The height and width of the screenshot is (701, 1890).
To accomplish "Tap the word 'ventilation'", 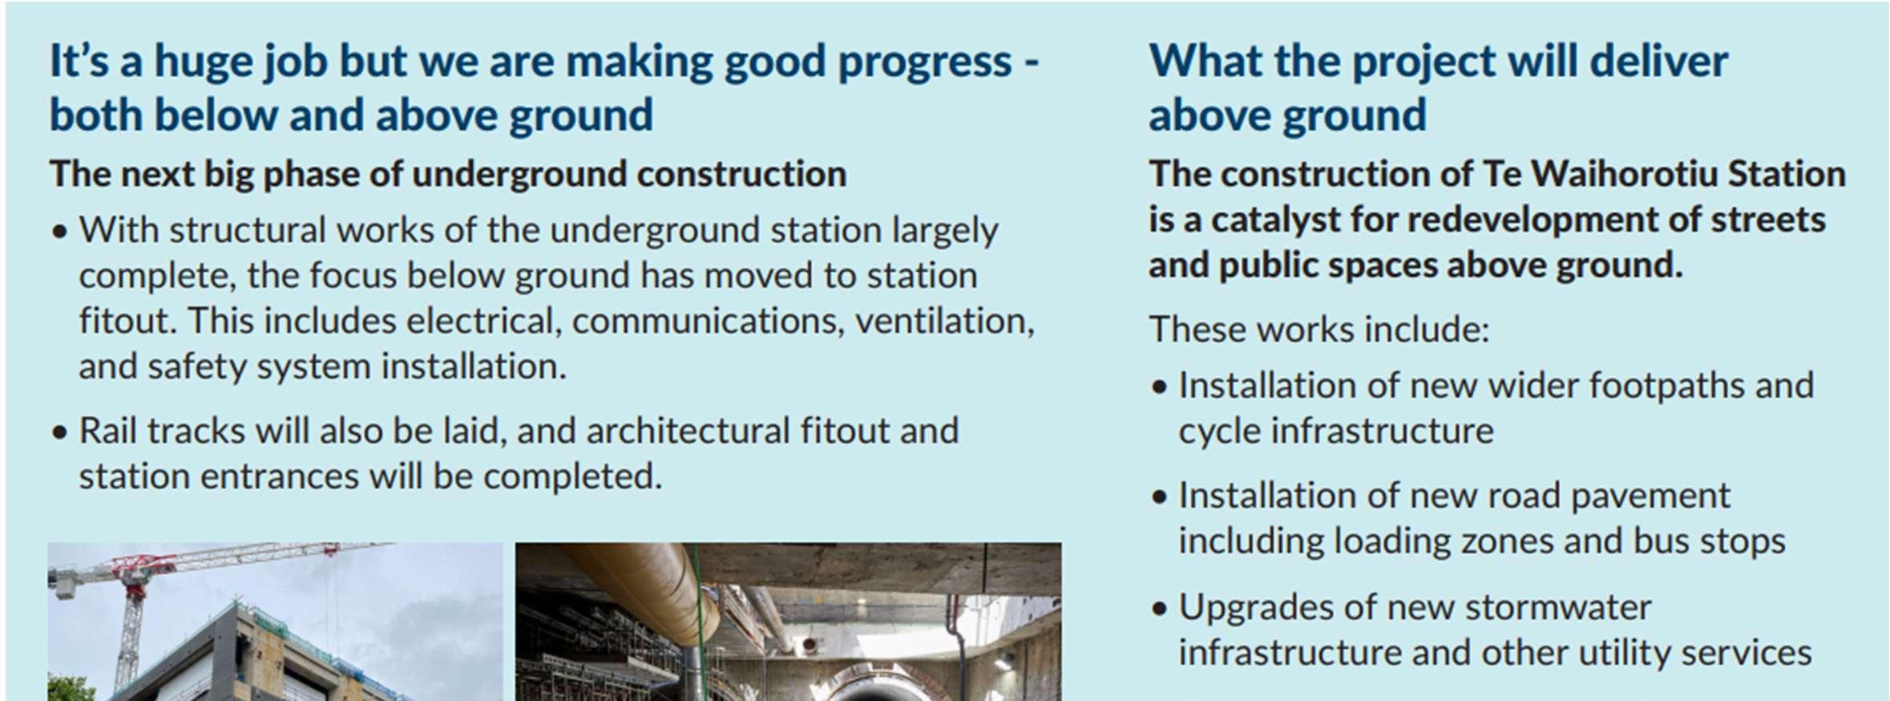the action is [944, 321].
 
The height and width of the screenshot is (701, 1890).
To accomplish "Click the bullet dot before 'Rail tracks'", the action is [59, 433].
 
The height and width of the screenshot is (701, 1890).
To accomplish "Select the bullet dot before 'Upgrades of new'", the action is [1159, 610].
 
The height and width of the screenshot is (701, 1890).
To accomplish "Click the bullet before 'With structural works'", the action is [59, 233].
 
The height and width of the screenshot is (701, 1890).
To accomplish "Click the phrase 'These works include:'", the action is [1319, 330].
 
